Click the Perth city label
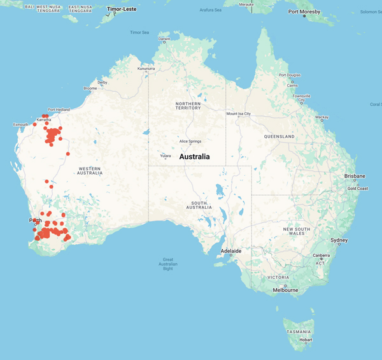tap(36, 220)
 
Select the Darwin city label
tap(164, 39)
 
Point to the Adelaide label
tap(230, 251)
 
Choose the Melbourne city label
tap(285, 290)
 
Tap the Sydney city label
tap(339, 240)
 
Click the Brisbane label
tap(355, 176)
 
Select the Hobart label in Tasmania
tap(306, 340)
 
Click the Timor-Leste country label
tap(122, 10)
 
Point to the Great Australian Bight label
tap(168, 264)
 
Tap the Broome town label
tap(90, 89)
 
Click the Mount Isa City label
tap(239, 114)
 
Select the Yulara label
tap(165, 155)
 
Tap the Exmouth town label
tap(21, 124)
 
